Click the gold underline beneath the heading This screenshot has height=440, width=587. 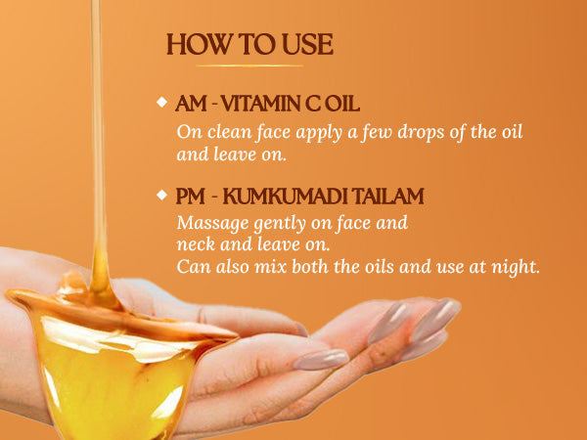coord(249,66)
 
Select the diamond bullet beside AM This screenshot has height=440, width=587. coord(162,102)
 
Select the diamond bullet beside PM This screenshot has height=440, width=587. coord(162,195)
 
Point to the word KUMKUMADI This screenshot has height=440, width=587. coord(287,197)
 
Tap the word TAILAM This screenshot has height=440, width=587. coord(388,197)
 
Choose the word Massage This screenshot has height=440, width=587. coord(213,223)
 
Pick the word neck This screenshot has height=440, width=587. coord(196,244)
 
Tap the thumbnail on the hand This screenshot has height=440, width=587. coord(321,359)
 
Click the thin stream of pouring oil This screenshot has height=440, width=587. coord(97,131)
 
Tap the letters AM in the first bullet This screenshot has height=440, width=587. coord(191,104)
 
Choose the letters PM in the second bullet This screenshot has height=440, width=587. coord(190,197)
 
